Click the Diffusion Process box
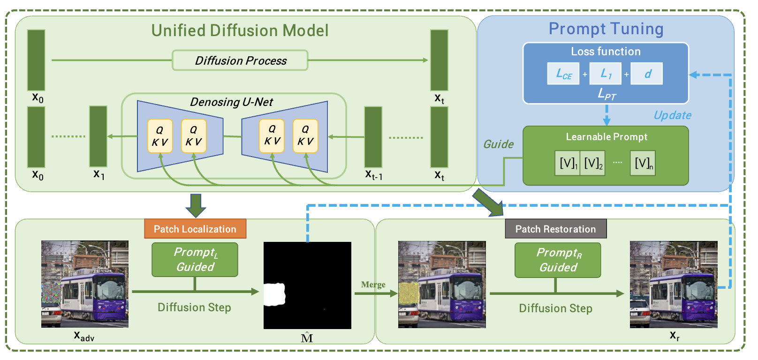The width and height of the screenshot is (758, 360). (x=240, y=60)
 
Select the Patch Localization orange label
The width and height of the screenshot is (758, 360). (x=195, y=229)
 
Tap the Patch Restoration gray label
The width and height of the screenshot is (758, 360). (x=555, y=229)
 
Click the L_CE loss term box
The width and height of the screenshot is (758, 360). (x=563, y=74)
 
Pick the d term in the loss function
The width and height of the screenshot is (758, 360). (x=647, y=74)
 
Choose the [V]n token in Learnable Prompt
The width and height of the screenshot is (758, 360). (x=643, y=163)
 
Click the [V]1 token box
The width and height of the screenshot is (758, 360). (x=568, y=163)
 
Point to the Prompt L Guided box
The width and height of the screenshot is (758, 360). (x=195, y=260)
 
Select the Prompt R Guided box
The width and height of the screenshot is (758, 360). (x=558, y=260)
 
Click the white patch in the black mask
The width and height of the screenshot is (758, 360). (x=274, y=294)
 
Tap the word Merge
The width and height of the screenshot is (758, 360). (x=373, y=285)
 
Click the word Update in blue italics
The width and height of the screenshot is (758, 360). (x=672, y=115)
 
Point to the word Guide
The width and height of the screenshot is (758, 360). (x=498, y=144)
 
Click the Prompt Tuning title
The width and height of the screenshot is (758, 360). (x=606, y=29)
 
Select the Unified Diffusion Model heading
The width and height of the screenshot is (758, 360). (x=240, y=30)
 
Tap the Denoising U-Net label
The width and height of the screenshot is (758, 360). (x=231, y=102)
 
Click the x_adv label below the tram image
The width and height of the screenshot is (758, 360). (x=84, y=336)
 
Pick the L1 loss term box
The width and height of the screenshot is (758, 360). (x=606, y=74)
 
